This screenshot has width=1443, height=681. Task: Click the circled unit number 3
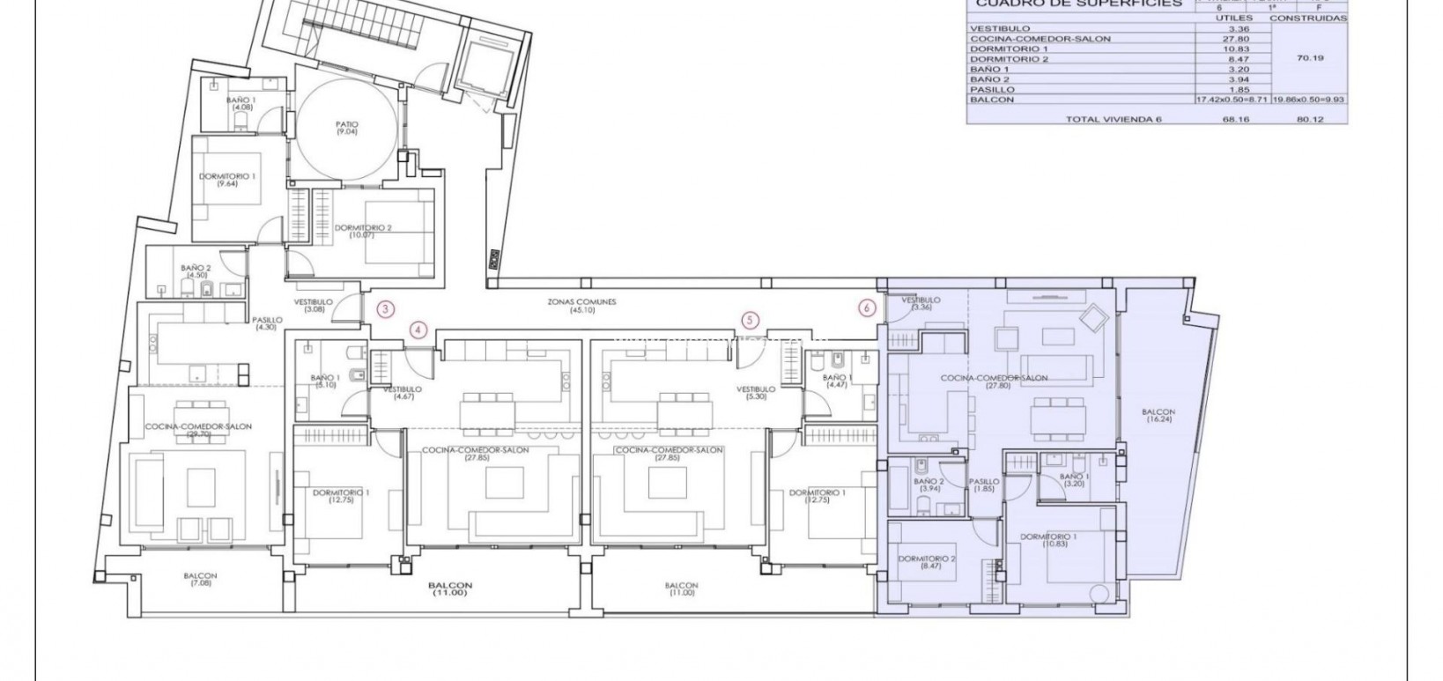point(385,308)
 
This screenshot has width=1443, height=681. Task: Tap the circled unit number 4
point(419,330)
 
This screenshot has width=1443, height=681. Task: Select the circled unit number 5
point(750,320)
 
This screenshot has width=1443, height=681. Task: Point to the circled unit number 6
point(868,307)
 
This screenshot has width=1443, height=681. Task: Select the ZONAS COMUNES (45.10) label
point(581,306)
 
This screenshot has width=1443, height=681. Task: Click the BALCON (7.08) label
point(201,580)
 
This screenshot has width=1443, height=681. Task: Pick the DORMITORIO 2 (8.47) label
point(927,563)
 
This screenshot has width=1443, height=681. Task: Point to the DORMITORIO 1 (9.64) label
point(226,181)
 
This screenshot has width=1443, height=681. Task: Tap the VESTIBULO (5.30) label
point(756,393)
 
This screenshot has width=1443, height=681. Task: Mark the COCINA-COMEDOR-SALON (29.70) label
point(199,431)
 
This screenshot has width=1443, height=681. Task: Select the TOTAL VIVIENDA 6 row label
point(1114,118)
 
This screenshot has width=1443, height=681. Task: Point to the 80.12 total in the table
point(1310,118)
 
